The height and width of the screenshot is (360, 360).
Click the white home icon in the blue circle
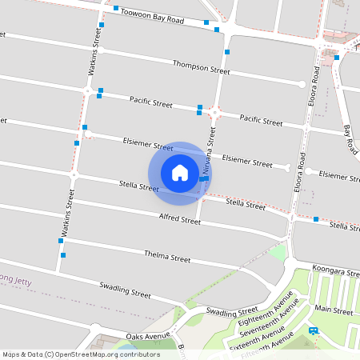point(180,172)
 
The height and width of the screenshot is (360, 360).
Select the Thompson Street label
point(201,66)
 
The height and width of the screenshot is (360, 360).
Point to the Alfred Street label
point(179,218)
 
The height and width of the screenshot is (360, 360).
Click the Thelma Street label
point(167,258)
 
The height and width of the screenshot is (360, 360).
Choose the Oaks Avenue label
point(149,335)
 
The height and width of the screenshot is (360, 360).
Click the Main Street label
point(334,309)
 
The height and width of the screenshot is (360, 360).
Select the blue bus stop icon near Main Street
point(313,330)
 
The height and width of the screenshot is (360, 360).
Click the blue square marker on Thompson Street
point(228,52)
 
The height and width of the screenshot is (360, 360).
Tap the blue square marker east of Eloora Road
point(316,218)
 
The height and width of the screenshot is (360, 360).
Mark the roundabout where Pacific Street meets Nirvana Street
point(214,113)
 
